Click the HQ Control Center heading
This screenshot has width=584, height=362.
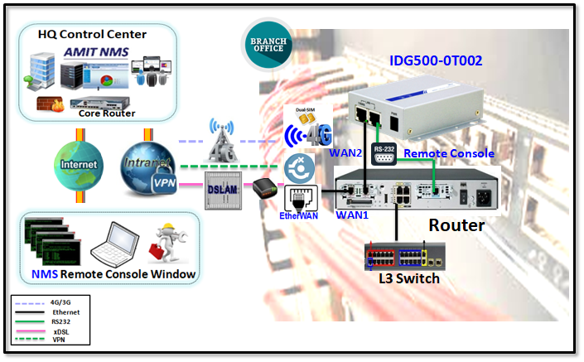[92, 34]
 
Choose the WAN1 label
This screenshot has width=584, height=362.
[351, 214]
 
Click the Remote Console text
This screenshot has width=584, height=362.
[448, 153]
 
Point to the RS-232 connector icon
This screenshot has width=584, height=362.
[384, 155]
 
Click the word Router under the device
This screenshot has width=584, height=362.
[456, 224]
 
